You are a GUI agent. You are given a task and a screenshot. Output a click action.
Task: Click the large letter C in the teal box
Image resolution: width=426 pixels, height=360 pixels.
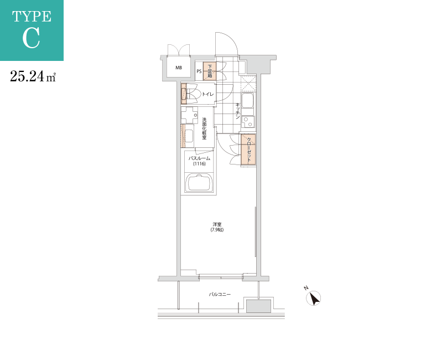(x=31, y=38)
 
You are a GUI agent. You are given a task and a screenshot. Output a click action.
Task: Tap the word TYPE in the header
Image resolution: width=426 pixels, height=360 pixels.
(x=32, y=17)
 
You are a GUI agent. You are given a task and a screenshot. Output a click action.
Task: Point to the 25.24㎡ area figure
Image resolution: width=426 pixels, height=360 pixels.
(x=33, y=76)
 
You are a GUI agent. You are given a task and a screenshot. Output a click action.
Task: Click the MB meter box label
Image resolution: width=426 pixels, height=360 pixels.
(x=179, y=68)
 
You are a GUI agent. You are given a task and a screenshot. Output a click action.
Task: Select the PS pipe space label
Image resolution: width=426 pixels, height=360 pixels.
(x=199, y=71)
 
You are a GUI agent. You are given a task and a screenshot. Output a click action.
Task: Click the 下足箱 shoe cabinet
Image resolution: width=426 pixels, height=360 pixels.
(x=210, y=71)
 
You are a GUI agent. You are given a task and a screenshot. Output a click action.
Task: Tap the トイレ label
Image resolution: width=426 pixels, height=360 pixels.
(x=207, y=94)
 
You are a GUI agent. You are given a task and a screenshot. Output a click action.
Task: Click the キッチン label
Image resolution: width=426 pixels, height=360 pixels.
(x=238, y=111)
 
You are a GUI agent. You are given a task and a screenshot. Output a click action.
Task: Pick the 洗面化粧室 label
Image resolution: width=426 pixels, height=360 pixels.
(x=204, y=128)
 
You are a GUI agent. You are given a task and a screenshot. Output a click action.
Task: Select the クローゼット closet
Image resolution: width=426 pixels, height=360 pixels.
(x=248, y=150)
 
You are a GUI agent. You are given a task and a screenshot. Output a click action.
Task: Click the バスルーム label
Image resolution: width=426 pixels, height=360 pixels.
(x=199, y=158)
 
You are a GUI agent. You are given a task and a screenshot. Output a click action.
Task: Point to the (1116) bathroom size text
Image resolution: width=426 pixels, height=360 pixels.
(x=199, y=164)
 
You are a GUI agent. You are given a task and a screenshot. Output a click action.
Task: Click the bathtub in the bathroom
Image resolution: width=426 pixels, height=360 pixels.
(x=200, y=183)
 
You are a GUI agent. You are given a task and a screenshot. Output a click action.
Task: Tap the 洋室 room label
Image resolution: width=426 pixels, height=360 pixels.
(x=217, y=225)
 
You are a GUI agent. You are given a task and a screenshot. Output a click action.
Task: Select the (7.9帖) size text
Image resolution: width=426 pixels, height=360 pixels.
(x=217, y=230)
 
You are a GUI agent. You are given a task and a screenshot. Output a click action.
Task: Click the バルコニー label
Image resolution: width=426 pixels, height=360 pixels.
(x=220, y=295)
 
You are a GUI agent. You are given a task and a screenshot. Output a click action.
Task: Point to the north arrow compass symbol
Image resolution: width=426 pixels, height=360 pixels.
(x=314, y=298)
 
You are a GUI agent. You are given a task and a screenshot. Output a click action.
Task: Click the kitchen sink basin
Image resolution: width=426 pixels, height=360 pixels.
(x=247, y=100)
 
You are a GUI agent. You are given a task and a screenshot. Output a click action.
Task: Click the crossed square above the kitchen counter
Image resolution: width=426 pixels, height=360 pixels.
(x=248, y=84)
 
